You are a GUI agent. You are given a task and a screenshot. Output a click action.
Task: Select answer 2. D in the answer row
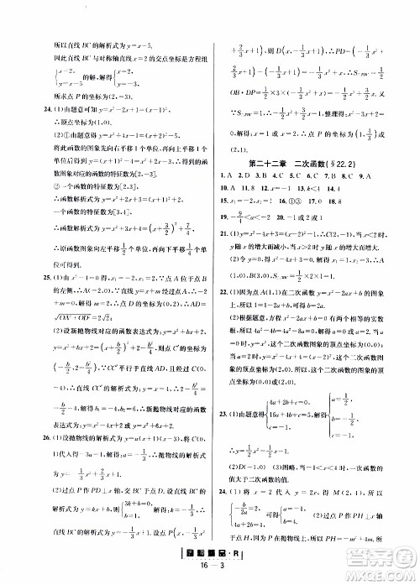[x=248, y=177]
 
